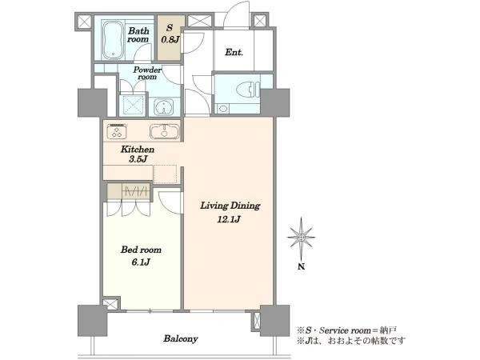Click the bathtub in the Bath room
114,40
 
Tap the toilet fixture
248,90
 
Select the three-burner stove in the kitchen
117,130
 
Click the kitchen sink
164,131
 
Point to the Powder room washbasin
163,107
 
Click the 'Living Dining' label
230,206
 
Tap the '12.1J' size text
229,219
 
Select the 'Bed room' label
141,250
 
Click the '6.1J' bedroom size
141,262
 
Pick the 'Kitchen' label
138,150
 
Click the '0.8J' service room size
170,40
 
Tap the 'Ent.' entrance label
234,52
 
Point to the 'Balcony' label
181,338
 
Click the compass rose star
302,238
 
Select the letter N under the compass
302,266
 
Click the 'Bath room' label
138,35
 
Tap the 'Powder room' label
147,73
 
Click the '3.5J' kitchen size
138,159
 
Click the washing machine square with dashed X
133,106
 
